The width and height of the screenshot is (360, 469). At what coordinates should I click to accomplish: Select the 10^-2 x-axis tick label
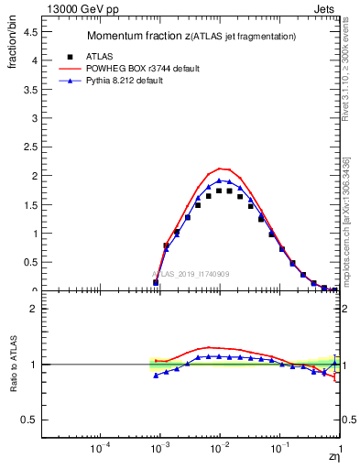pyautogui.click(x=219, y=448)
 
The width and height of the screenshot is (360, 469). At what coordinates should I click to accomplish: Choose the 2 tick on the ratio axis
pyautogui.click(x=37, y=309)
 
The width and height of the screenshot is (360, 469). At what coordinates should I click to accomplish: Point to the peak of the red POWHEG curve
pyautogui.click(x=220, y=169)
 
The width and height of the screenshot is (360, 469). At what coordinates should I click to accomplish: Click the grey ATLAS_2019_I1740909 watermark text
pyautogui.click(x=190, y=273)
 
